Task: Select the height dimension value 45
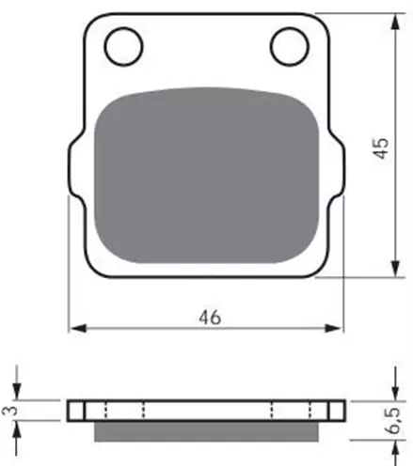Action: pyautogui.click(x=381, y=147)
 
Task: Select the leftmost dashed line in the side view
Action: pyautogui.click(x=104, y=411)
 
